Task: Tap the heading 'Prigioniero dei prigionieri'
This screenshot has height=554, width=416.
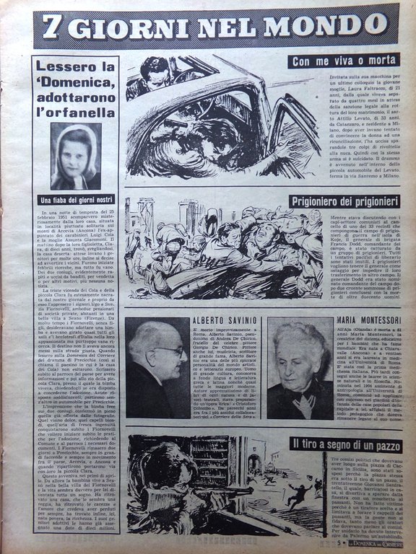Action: [x=334, y=201]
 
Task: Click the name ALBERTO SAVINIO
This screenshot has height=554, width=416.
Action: [x=223, y=320]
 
